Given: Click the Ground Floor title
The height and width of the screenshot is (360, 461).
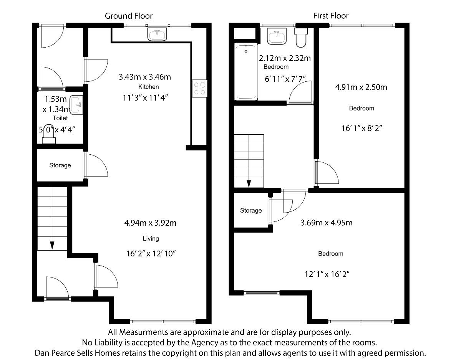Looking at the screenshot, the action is [129, 16].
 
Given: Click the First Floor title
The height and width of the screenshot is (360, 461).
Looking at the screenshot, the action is [331, 16].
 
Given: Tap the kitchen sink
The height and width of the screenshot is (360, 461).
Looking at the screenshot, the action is [157, 35].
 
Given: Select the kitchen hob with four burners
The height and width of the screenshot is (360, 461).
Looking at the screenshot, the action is [200, 88].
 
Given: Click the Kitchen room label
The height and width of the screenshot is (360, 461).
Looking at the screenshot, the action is [149, 87].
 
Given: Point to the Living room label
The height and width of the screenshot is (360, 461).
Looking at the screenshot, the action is [151, 239].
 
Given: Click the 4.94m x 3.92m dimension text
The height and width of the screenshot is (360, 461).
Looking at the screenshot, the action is [150, 223].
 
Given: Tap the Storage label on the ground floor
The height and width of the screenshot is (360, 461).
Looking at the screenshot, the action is [60, 165].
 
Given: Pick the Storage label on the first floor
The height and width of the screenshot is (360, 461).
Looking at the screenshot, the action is [251, 210].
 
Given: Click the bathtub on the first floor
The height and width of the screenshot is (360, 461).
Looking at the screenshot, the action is [246, 71].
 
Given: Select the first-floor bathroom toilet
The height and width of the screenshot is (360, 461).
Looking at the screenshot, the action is [301, 38].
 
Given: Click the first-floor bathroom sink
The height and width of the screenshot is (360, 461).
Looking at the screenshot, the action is [277, 36].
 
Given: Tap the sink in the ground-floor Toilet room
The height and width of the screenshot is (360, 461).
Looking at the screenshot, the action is [76, 105].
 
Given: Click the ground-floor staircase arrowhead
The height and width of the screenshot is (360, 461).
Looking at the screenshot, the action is [52, 246].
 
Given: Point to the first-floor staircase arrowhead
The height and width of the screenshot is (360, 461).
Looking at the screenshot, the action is [249, 183].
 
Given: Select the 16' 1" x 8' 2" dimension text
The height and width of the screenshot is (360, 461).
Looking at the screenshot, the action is [362, 128].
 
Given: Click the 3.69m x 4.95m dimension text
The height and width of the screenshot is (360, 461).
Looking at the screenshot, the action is [327, 223].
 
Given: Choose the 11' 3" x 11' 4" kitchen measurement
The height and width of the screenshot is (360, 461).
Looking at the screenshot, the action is [146, 98].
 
